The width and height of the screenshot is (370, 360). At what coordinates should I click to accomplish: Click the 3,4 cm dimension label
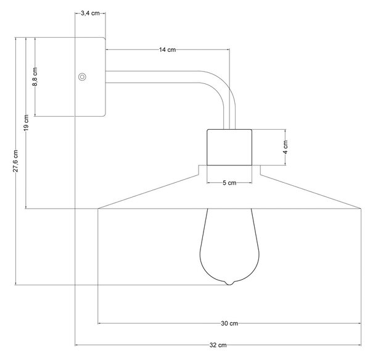pyautogui.click(x=90, y=13)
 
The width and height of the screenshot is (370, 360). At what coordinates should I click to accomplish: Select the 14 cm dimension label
pyautogui.click(x=167, y=49)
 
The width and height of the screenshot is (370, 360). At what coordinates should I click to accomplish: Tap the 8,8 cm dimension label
pyautogui.click(x=35, y=77)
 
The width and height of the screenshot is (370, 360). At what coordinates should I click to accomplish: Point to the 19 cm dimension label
pyautogui.click(x=26, y=122)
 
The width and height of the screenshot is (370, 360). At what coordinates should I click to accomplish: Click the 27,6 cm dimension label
pyautogui.click(x=15, y=161)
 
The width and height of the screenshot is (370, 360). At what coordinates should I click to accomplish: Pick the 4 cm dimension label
pyautogui.click(x=286, y=147)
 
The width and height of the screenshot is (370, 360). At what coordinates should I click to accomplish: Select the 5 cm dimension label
pyautogui.click(x=229, y=183)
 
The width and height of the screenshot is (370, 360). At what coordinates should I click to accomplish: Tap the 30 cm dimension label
pyautogui.click(x=229, y=323)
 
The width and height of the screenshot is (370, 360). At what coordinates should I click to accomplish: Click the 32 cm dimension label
pyautogui.click(x=218, y=345)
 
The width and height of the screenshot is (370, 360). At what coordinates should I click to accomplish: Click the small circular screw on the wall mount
pyautogui.click(x=82, y=77)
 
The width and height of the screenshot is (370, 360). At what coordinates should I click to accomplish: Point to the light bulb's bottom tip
pyautogui.click(x=229, y=285)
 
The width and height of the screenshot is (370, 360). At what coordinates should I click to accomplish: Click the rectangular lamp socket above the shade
pyautogui.click(x=229, y=147)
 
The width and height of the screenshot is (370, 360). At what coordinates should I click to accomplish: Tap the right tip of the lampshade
pyautogui.click(x=361, y=208)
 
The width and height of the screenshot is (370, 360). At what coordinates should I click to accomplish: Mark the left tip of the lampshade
pyautogui.click(x=98, y=208)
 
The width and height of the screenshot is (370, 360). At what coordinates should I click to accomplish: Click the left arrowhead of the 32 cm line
pyautogui.click(x=76, y=345)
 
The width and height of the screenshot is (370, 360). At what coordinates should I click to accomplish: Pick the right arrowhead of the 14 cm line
pyautogui.click(x=228, y=49)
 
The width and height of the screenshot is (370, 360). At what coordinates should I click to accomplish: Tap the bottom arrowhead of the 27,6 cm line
pyautogui.click(x=16, y=283)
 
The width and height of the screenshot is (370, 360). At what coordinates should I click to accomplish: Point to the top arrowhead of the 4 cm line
pyautogui.click(x=286, y=131)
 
